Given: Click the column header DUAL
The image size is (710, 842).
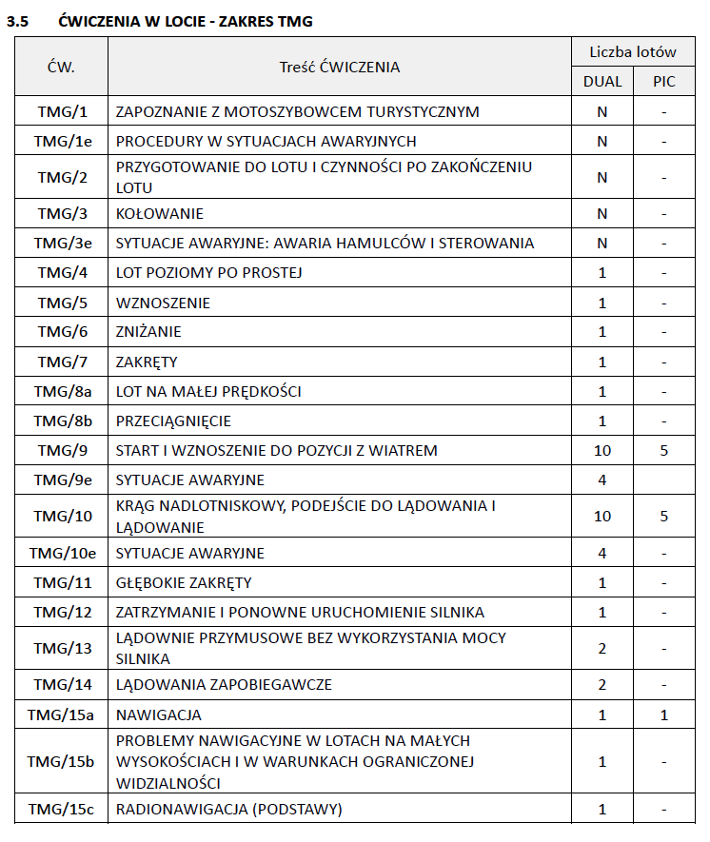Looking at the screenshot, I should click(x=602, y=82).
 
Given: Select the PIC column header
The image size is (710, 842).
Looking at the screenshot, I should click(x=663, y=82).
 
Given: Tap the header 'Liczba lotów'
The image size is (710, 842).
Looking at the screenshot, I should click(x=633, y=52).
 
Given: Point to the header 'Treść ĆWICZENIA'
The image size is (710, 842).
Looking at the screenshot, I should click(x=339, y=67).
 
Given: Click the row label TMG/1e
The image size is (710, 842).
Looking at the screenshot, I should click(x=62, y=142).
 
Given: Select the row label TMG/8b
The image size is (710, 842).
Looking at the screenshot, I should click(x=62, y=421).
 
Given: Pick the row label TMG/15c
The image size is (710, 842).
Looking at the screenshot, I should click(x=62, y=810).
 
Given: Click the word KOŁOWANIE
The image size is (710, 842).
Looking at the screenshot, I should click(x=160, y=214).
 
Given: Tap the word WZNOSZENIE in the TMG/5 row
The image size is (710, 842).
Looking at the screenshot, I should click(x=163, y=304).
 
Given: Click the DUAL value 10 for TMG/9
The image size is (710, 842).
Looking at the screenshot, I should click(x=602, y=450).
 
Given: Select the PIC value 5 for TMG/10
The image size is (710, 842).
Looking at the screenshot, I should click(x=663, y=516).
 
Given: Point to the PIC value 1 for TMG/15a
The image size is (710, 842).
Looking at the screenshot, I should click(x=663, y=715).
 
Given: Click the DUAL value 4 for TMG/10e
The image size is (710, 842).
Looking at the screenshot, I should click(x=602, y=553).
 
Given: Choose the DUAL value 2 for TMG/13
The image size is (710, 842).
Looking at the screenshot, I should click(x=602, y=648).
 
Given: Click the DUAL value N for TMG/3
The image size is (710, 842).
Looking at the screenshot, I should click(x=602, y=214).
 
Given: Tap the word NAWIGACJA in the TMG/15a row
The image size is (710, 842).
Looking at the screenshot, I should click(x=159, y=715).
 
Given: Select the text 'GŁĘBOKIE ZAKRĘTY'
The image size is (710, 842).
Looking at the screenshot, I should click(x=184, y=583).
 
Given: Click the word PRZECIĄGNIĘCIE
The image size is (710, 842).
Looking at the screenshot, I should click(x=173, y=421).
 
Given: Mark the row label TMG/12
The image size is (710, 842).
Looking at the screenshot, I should click(x=62, y=613).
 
